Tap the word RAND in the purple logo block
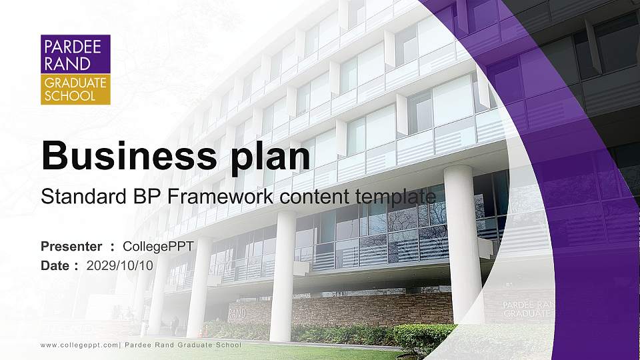pos(58,65)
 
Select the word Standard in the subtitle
pos(79,197)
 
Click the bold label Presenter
pos(71,247)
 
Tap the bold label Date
pos(55,265)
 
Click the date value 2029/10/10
pos(120,265)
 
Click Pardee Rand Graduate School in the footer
pos(183,345)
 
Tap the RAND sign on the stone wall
pos(237,313)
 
